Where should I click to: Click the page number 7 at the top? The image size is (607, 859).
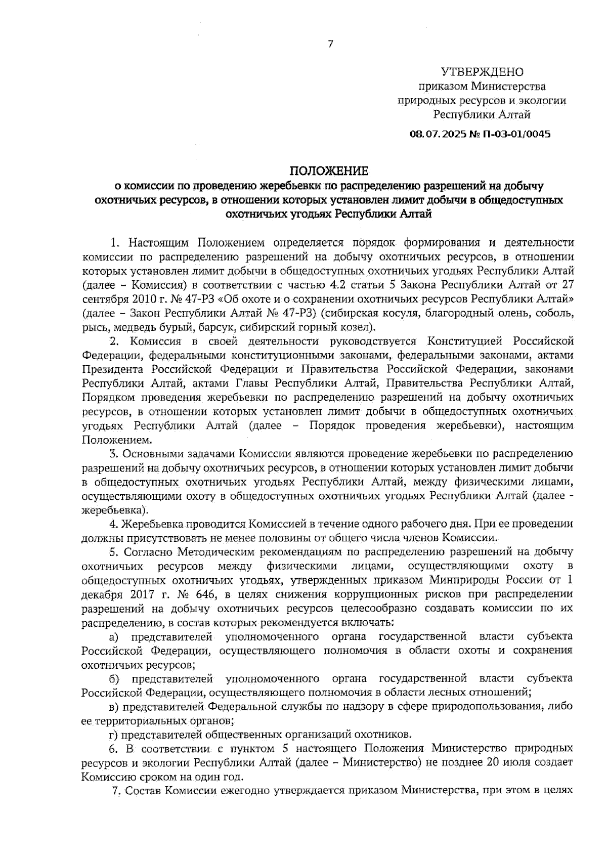click(x=330, y=44)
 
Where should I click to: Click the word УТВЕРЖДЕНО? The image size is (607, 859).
click(x=483, y=72)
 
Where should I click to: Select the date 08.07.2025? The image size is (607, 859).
click(x=432, y=134)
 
